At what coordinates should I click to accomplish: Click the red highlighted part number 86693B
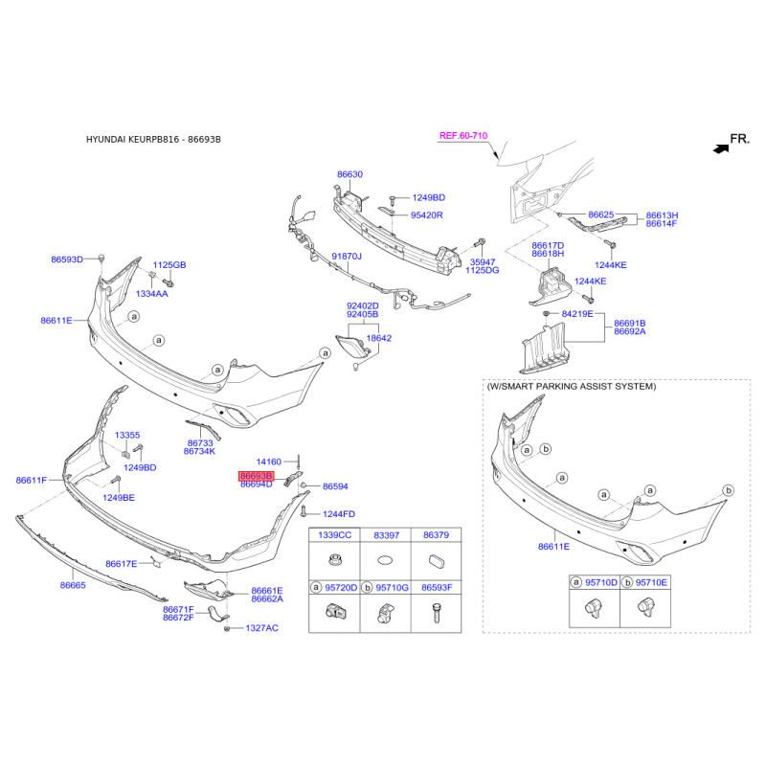click(x=256, y=475)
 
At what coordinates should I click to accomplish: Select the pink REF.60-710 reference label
click(x=463, y=136)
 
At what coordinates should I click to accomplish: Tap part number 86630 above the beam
click(x=349, y=174)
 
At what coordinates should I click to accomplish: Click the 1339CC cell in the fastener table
click(x=334, y=534)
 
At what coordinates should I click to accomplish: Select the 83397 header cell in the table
click(x=387, y=534)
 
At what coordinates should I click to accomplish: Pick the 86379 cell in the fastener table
click(x=437, y=534)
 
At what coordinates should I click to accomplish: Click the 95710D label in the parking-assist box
click(x=601, y=582)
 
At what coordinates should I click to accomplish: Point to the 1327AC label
click(x=262, y=628)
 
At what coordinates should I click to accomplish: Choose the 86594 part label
click(x=335, y=486)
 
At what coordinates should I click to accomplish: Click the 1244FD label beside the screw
click(x=338, y=514)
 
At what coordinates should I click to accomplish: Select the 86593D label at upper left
click(x=67, y=259)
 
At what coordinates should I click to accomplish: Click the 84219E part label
click(x=577, y=313)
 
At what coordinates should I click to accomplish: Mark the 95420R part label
click(x=427, y=215)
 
